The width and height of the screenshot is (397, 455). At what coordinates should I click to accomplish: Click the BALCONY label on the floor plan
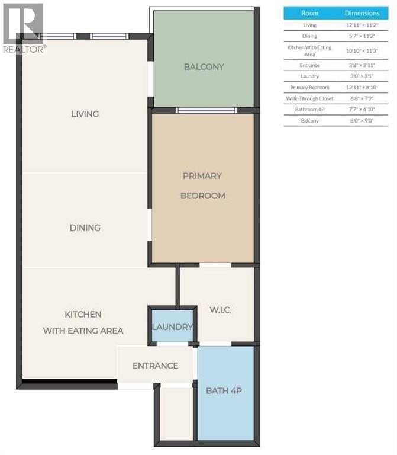[204, 66]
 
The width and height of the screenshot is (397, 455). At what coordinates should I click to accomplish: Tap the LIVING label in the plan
[85, 114]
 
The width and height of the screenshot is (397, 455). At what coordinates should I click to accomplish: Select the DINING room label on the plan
[85, 227]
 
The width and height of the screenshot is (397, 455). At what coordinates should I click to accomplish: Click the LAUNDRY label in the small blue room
[172, 327]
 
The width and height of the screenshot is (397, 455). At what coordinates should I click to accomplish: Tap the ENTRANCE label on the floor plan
[155, 366]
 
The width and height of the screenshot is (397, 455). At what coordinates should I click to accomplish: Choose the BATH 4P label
[224, 391]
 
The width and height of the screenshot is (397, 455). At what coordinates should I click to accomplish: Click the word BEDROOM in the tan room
[203, 196]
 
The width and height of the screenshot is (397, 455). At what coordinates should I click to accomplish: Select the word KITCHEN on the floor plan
[83, 314]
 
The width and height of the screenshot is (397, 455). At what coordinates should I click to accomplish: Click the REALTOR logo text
[23, 49]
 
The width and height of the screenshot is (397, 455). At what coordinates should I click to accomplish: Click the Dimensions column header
[362, 12]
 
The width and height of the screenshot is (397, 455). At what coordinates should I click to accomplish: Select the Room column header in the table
[309, 12]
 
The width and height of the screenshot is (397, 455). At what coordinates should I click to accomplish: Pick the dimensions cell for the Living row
[362, 25]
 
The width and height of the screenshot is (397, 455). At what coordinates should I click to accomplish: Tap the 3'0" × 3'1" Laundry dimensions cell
[362, 76]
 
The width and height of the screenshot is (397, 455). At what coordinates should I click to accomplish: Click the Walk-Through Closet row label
[309, 98]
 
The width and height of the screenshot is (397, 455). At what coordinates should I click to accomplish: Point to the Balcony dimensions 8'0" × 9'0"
[362, 121]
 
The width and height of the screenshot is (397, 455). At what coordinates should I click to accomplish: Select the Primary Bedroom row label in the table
[309, 88]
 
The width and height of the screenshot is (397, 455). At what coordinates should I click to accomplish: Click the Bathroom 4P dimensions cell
[362, 110]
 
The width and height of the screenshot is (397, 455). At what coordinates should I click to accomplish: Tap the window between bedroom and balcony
[206, 110]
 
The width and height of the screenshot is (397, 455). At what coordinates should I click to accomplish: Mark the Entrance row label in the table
[309, 65]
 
